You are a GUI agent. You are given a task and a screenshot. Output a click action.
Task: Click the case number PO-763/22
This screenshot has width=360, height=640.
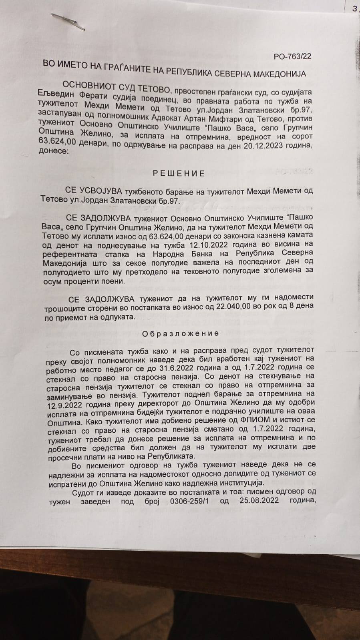[x=292, y=56]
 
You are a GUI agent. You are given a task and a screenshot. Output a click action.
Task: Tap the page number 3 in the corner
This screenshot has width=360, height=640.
[x=355, y=8]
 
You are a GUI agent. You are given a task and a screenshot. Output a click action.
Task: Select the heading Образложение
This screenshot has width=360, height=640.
[x=181, y=333]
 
